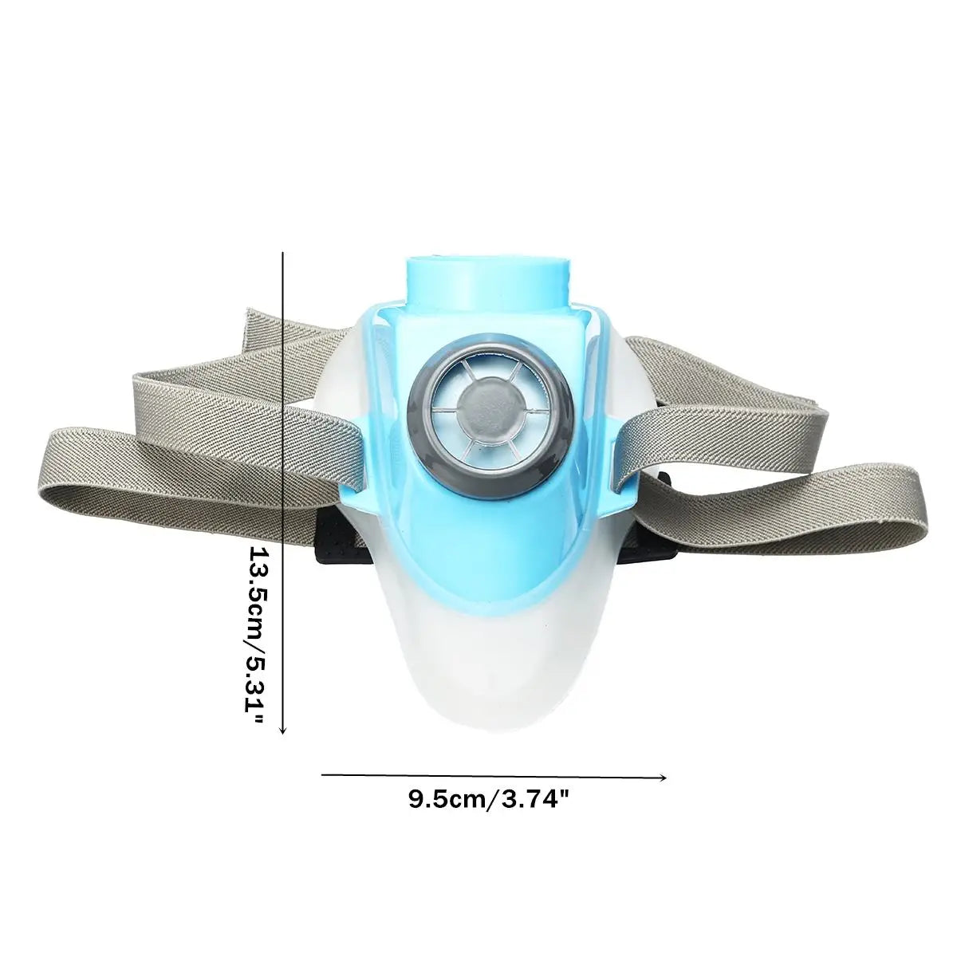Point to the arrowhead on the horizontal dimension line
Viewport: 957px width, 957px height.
(663, 775)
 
